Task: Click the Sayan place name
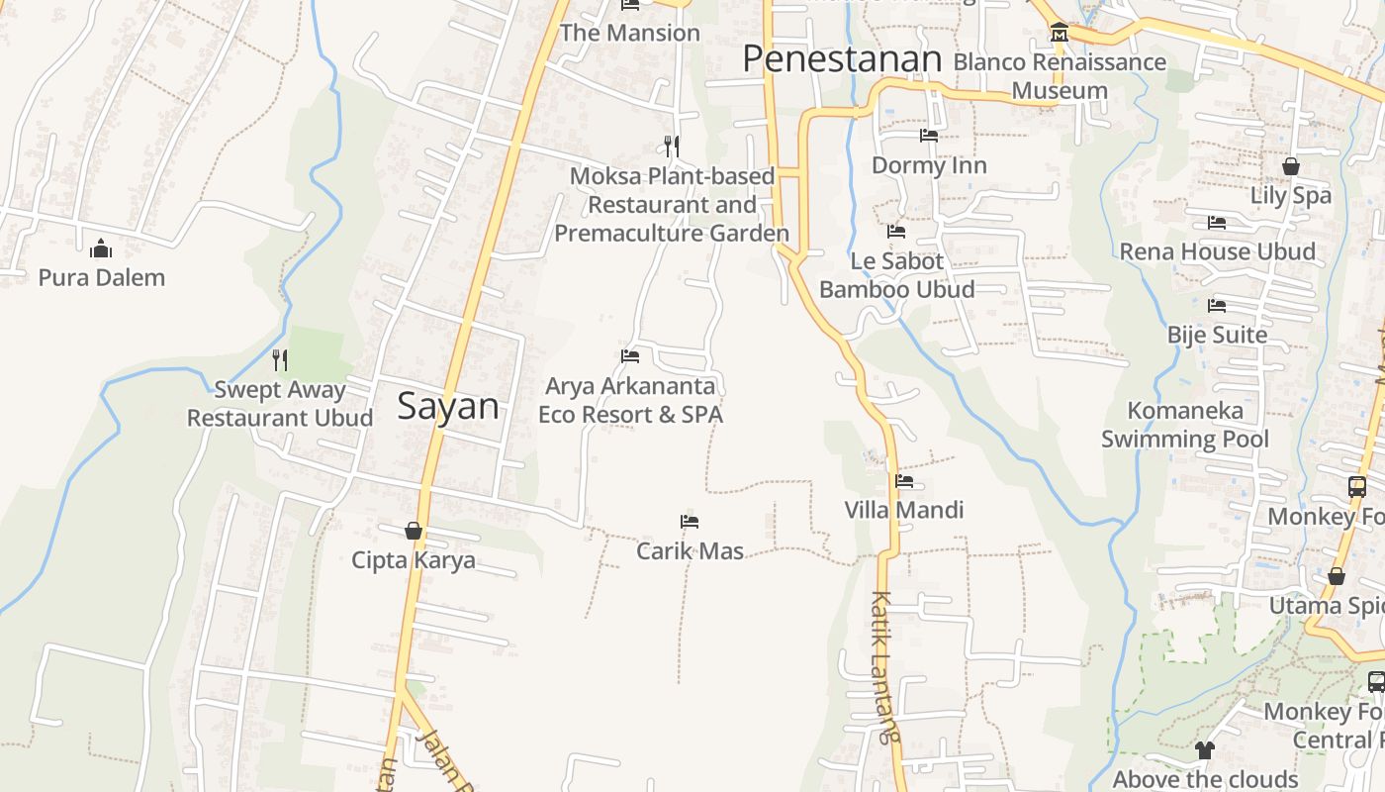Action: [x=448, y=407]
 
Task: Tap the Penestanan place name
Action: [x=841, y=59]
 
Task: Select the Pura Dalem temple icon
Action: [x=101, y=248]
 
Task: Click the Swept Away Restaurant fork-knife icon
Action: [x=280, y=360]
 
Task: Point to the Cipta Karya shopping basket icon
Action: [x=414, y=532]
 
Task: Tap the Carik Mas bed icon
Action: [x=690, y=522]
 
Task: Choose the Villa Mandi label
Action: [x=903, y=510]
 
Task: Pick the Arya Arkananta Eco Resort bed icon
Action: [x=630, y=356]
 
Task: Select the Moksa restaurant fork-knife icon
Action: [x=672, y=147]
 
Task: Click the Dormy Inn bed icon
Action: [x=929, y=136]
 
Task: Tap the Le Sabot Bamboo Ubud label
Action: [x=897, y=275]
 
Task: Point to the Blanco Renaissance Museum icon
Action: [x=1060, y=33]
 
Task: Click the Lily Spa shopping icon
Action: [x=1291, y=166]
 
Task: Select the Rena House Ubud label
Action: [x=1217, y=251]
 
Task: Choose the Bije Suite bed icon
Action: [x=1217, y=306]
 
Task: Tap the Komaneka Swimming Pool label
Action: [x=1185, y=424]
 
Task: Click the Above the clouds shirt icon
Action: [x=1204, y=750]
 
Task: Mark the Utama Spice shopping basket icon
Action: [x=1337, y=576]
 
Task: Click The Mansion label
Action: [x=629, y=33]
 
